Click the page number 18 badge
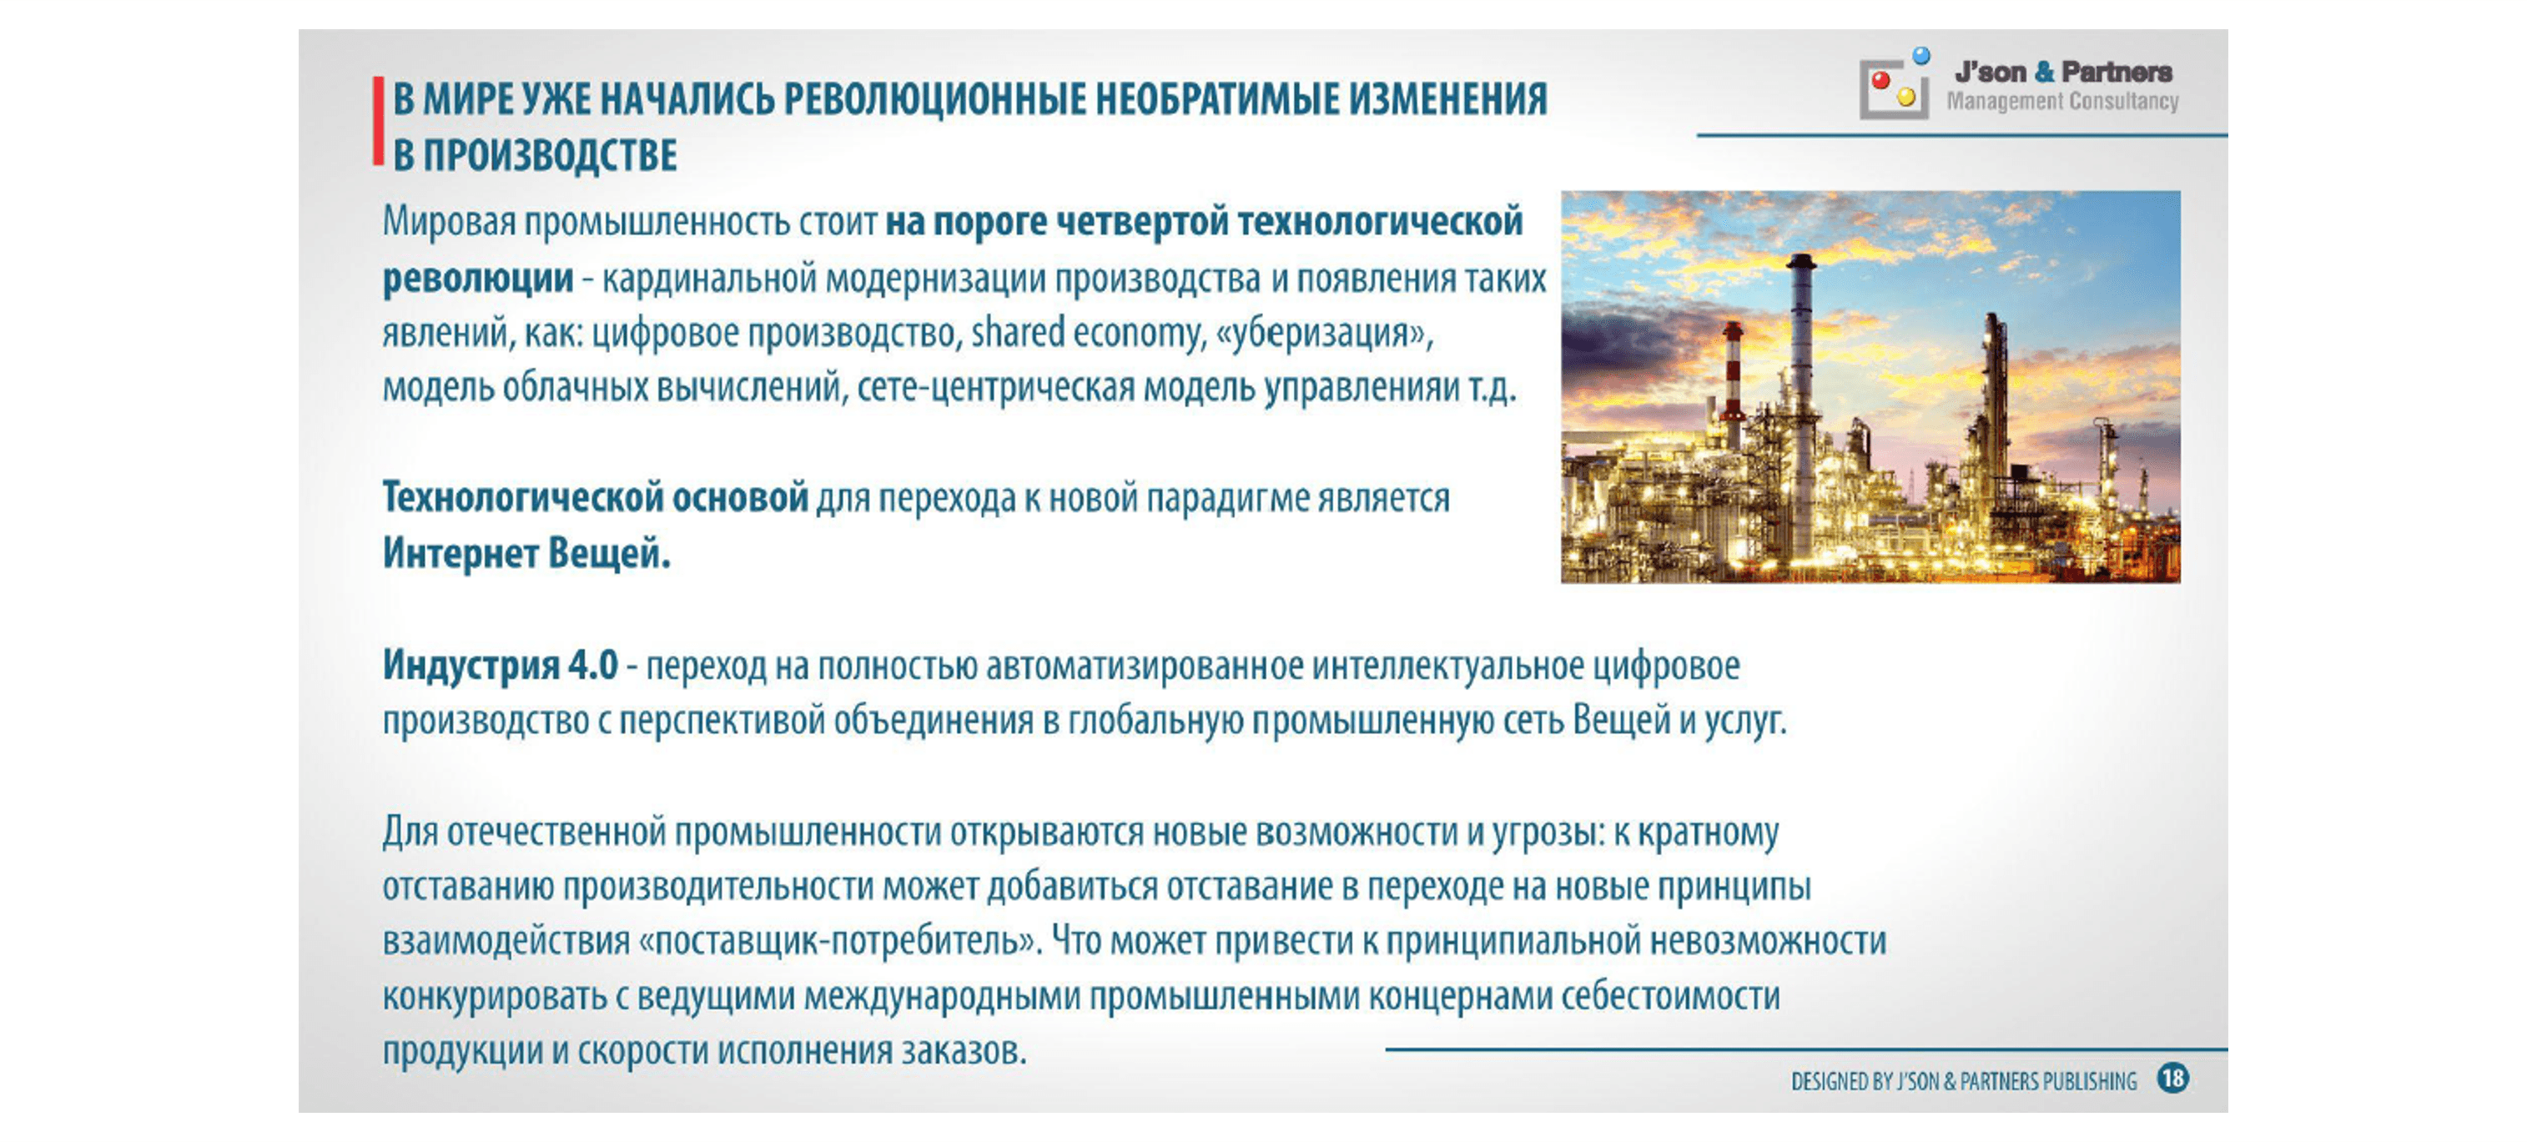(2173, 1079)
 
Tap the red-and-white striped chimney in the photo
(1734, 383)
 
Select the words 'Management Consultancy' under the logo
(2062, 101)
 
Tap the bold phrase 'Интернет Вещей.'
(526, 553)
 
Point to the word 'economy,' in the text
(1138, 335)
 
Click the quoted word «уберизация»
(1323, 334)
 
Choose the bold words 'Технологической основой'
(596, 497)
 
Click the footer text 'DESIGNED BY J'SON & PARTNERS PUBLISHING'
(1964, 1081)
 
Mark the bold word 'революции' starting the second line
(478, 279)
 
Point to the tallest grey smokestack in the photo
(1801, 392)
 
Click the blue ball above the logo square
(1921, 55)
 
